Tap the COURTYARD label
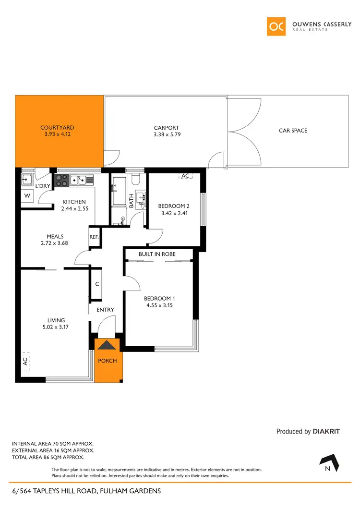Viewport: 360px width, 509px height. (x=57, y=128)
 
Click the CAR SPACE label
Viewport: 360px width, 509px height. (x=293, y=131)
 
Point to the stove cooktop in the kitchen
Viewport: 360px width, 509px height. (x=61, y=181)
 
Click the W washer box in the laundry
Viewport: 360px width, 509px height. (x=27, y=196)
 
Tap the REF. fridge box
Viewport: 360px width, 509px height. (x=94, y=237)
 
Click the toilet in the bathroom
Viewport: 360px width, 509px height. (x=135, y=180)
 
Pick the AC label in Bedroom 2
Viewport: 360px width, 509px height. (x=185, y=176)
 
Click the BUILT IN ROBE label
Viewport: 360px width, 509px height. (x=157, y=254)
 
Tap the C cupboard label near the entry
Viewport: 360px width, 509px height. (x=97, y=284)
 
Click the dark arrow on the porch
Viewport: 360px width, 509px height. (x=106, y=344)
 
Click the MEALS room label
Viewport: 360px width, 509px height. (x=55, y=236)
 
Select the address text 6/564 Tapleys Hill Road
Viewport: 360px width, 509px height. (x=86, y=491)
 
